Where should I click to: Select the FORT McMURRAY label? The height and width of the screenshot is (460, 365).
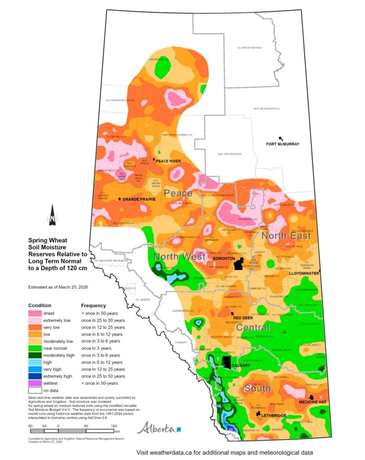(283, 144)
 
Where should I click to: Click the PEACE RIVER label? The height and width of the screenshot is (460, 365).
(169, 161)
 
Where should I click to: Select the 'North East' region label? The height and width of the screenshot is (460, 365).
(286, 236)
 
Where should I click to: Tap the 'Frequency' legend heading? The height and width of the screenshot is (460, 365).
(94, 306)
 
